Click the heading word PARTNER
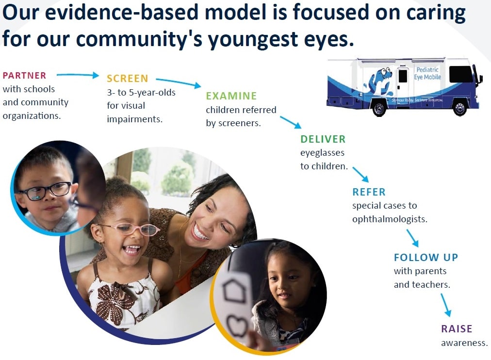24,75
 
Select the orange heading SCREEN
128,78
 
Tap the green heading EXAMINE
231,96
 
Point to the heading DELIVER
323,139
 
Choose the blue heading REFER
369,192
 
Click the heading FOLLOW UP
426,257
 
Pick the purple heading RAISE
457,328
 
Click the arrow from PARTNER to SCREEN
78,75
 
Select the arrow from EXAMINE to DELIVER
290,122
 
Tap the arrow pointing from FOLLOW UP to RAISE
446,305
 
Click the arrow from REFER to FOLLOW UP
412,238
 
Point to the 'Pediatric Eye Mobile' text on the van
427,73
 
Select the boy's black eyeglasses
46,191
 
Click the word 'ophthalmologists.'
390,219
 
